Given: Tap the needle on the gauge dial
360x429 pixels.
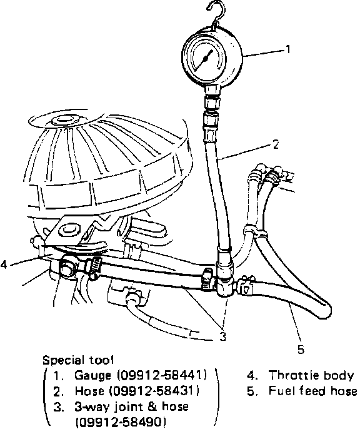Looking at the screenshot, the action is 205,59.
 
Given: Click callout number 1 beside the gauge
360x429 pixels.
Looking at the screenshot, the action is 287,49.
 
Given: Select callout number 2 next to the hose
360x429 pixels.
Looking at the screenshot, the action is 275,144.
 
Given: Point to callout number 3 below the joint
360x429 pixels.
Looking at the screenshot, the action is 222,336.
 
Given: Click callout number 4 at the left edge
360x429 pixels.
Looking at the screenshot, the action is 4,265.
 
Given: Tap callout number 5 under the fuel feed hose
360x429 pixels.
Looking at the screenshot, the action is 301,349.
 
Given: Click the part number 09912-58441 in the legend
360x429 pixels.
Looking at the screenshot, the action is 162,375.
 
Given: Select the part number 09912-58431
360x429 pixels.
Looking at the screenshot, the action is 154,391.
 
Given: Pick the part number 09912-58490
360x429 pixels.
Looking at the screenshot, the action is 121,422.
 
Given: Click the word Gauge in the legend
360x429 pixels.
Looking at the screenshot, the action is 92,375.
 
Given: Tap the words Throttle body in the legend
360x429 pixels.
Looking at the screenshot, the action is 311,375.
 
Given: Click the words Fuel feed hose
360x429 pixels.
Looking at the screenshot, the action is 312,391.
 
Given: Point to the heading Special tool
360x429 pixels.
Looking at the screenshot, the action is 78,360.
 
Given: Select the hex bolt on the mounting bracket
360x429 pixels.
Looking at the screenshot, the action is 66,228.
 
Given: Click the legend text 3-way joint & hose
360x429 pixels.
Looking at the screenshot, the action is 132,407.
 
